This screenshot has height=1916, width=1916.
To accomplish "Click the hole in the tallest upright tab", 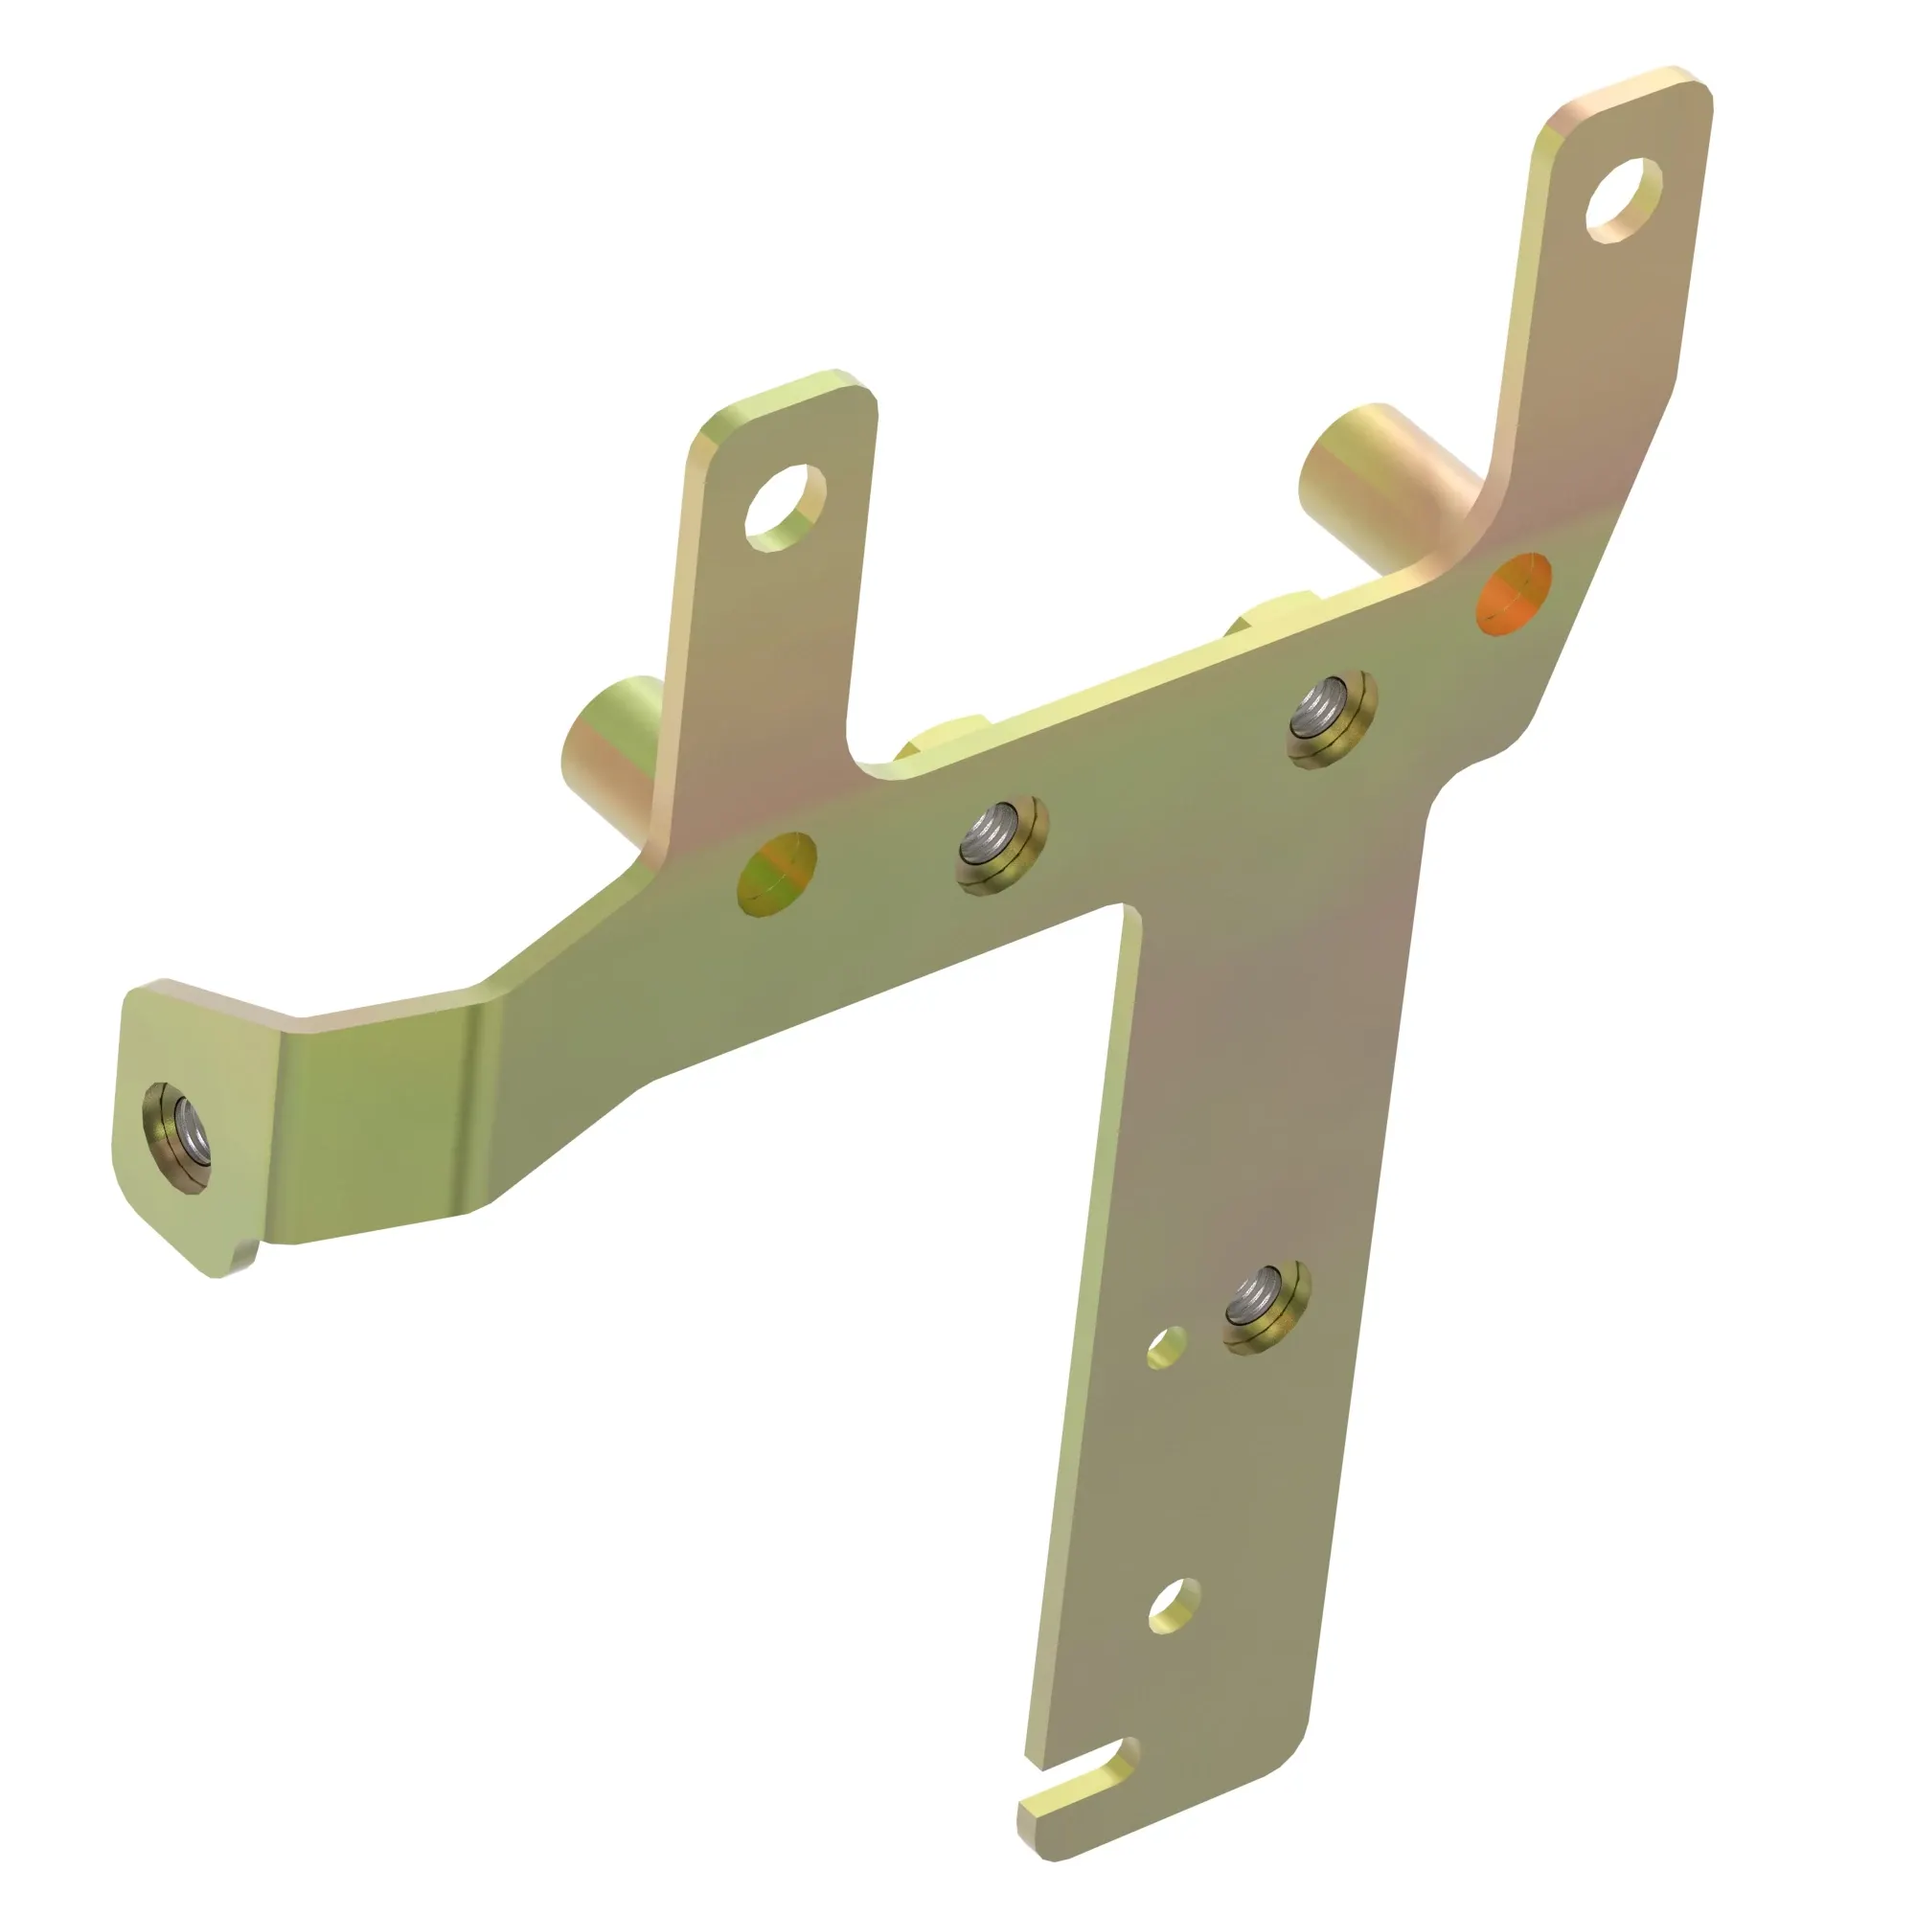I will point(1623,199).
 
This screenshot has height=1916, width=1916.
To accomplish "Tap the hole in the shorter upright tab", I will point(786,507).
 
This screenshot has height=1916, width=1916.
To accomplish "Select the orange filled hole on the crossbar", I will point(1514,595).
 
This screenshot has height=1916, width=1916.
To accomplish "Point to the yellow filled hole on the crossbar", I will point(777,874).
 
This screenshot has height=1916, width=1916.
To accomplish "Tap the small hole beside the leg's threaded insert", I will point(1166,1347).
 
